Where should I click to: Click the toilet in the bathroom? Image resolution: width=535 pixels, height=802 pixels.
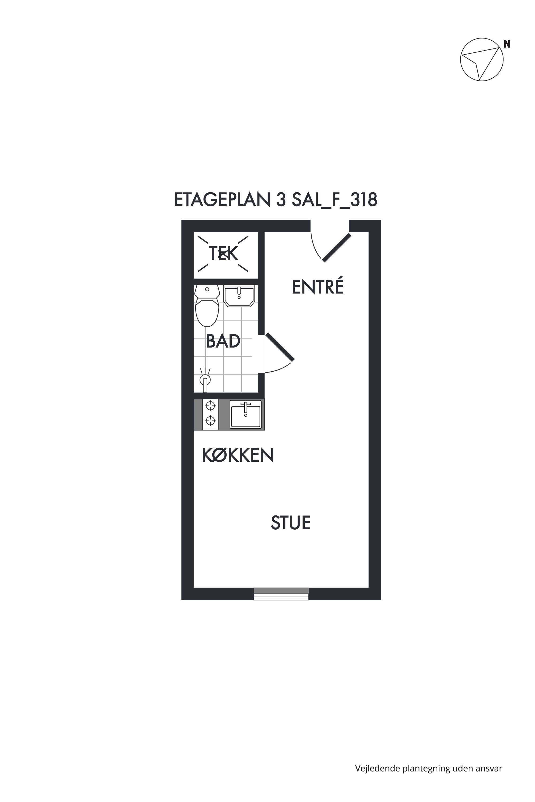coord(207,306)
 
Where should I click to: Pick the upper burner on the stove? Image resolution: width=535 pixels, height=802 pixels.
coord(211,406)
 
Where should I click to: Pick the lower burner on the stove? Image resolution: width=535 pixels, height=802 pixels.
coord(211,421)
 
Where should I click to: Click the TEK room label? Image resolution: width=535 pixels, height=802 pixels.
coord(223,253)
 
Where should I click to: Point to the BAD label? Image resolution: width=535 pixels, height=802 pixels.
coord(223,341)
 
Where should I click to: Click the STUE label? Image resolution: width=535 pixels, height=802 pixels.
coord(291,523)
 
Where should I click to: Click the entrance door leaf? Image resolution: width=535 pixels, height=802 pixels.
coord(337,248)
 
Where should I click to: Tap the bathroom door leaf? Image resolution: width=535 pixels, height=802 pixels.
coord(280,347)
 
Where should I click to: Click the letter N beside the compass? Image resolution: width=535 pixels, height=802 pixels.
coord(507,44)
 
